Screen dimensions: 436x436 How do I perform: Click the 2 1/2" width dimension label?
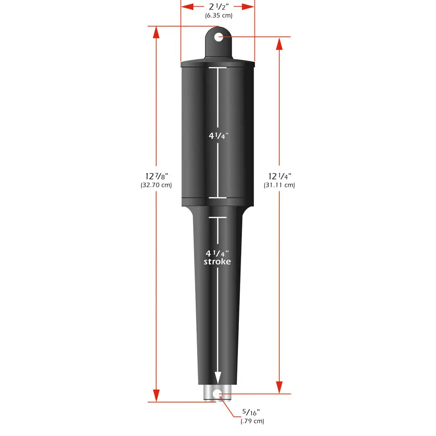pos(218,7)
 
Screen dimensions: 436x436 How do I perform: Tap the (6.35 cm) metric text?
pos(218,16)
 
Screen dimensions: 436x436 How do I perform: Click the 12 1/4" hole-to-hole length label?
pos(279,176)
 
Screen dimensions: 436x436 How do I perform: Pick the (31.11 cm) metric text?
pos(279,185)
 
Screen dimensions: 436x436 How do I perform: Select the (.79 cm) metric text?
pos(252,421)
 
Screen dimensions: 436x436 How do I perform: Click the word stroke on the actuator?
pos(217,262)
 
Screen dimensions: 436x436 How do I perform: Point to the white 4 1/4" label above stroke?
pos(217,253)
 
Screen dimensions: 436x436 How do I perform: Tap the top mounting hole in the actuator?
pos(218,37)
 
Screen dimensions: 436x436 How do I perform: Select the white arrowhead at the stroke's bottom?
pos(217,378)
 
